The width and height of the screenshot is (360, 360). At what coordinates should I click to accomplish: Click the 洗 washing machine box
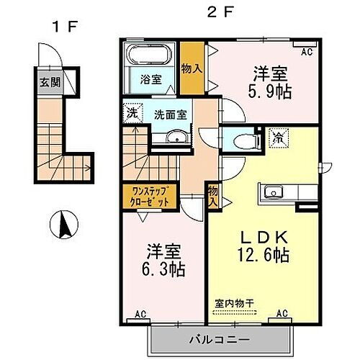132,113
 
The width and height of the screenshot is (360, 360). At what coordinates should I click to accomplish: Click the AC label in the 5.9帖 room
307,51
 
